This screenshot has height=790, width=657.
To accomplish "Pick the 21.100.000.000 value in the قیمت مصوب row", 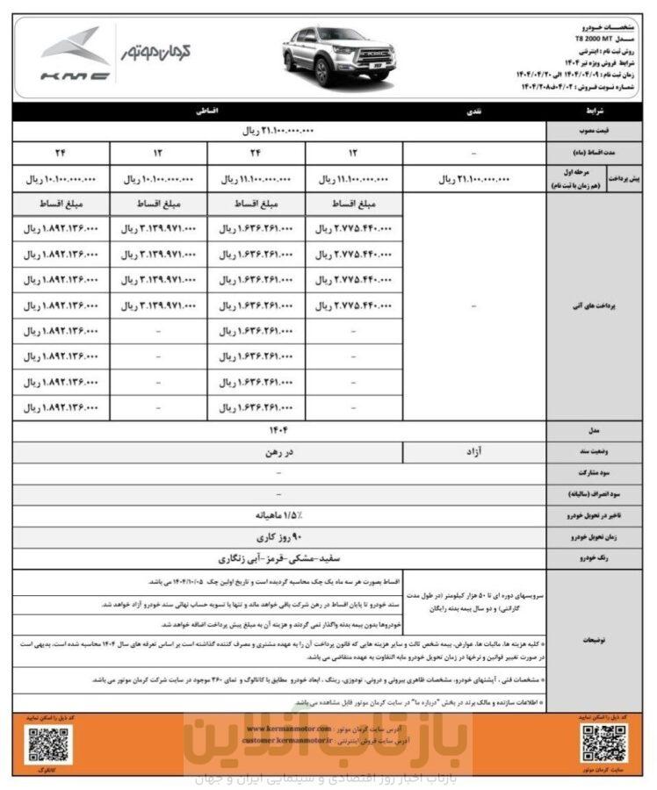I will click(278, 131).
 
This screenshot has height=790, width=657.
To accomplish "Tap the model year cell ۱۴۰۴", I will click(278, 429).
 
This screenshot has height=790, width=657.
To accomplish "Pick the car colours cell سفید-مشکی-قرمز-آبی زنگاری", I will click(278, 557).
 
